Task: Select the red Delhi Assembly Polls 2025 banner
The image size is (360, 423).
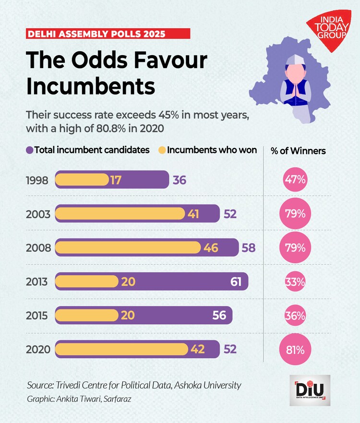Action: coord(108,34)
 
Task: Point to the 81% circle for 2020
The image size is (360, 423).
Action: coord(295,349)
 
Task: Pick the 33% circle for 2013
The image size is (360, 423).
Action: coord(295,282)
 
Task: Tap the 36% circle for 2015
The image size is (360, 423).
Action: coord(295,315)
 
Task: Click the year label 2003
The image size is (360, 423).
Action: coord(38,214)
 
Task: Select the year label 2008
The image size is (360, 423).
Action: coord(38,247)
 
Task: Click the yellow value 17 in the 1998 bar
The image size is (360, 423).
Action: coord(115,180)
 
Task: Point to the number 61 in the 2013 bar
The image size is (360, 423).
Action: coord(236,282)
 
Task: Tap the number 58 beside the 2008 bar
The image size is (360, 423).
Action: coord(249,247)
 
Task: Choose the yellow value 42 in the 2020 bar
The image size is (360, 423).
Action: coord(197,349)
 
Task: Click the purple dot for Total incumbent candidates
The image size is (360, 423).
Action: coord(30,150)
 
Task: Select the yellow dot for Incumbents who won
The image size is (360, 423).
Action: coord(162,150)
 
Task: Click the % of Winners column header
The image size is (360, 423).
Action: coord(298,151)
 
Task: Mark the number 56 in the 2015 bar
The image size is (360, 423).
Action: coord(219,315)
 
